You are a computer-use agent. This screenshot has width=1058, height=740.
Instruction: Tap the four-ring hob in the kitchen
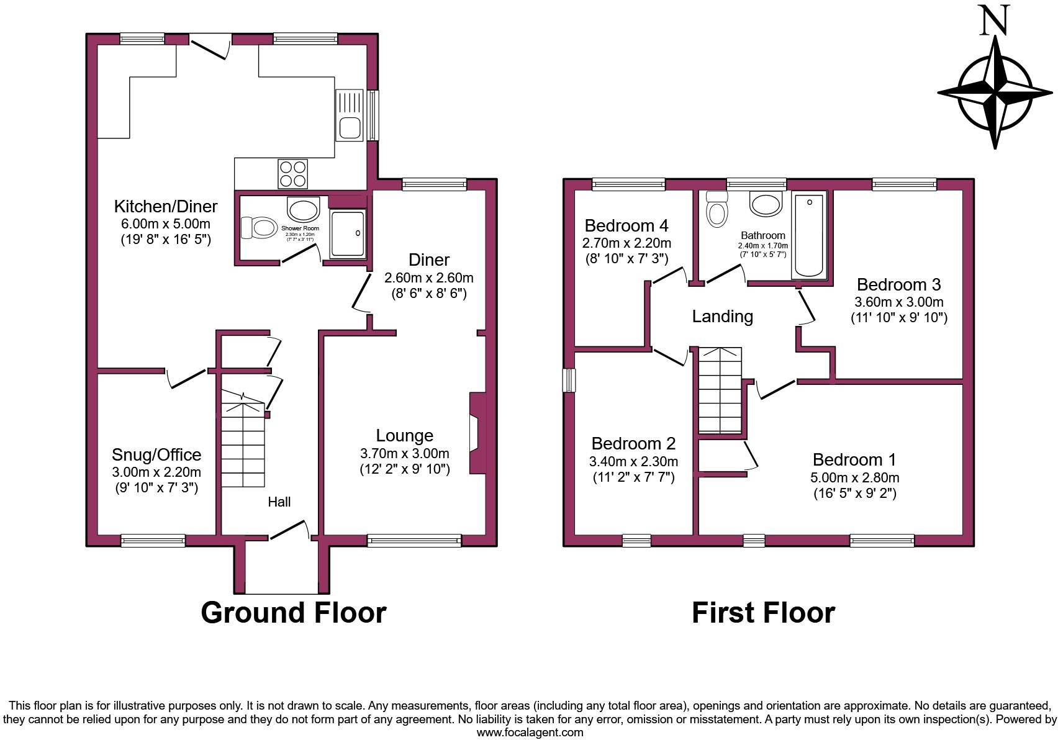pos(293,173)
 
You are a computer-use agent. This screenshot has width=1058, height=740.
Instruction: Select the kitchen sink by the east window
pos(349,115)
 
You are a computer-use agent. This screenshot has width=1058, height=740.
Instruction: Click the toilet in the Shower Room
pos(258,228)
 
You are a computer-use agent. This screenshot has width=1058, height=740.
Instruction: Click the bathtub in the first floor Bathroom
pos(809,237)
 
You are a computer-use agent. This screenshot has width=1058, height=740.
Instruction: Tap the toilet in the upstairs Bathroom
pos(717,209)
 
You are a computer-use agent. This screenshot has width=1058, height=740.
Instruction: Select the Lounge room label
pos(404,436)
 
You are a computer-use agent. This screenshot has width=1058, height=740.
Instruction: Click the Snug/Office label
pos(156,455)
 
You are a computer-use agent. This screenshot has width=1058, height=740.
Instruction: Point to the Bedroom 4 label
pos(626,225)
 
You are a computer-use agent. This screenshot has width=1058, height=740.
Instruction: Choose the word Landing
pos(722,317)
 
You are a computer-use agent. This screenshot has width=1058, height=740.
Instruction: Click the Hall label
pos(279,502)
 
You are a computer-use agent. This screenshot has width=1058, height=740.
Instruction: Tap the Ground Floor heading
pos(293,613)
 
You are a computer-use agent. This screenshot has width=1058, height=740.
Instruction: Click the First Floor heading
pos(763,613)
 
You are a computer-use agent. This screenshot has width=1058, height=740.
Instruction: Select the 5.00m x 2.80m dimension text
pos(854,477)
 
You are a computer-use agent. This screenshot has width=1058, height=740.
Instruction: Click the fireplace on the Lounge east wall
pos(477,433)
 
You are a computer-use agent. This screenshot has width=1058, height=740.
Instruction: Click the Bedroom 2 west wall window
pos(569,381)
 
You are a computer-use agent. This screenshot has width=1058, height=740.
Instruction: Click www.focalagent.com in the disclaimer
pos(530,733)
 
